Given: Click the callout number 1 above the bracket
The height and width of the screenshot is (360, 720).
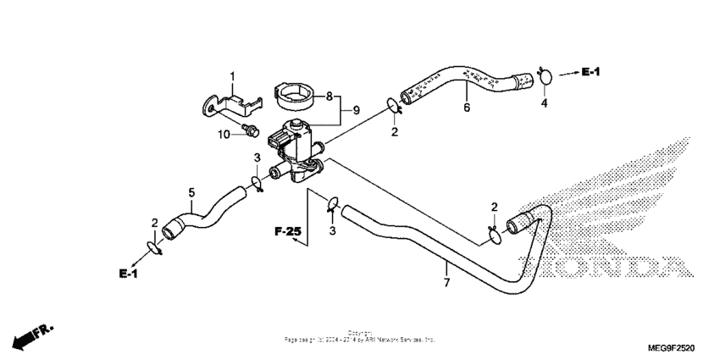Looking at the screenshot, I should [x=232, y=77].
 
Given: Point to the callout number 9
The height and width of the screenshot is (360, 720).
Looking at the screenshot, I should [x=357, y=109].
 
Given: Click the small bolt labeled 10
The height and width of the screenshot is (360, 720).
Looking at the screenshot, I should [x=252, y=129].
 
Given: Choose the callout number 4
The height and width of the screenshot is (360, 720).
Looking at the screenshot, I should [x=545, y=103].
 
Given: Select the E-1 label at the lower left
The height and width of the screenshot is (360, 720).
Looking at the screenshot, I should [x=129, y=273].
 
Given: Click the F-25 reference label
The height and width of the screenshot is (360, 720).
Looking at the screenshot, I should [x=287, y=230].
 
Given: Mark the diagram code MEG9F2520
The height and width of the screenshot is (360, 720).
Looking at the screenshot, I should [x=670, y=347].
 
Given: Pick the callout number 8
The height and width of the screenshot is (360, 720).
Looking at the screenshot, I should [x=329, y=96].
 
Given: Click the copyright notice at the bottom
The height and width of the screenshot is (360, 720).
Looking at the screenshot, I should [x=359, y=336].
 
